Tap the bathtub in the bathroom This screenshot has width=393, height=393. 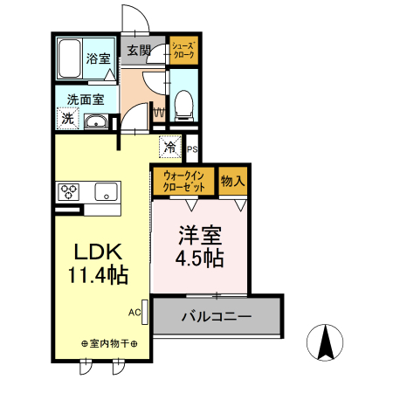(71, 59)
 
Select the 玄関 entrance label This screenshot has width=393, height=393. (139, 51)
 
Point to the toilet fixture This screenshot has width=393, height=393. (183, 105)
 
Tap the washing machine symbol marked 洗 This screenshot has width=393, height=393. (67, 119)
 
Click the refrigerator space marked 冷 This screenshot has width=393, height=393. (170, 147)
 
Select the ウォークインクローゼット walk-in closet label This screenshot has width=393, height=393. (183, 182)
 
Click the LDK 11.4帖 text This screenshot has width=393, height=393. (99, 263)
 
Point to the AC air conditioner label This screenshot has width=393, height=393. (134, 312)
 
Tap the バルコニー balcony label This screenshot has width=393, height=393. (217, 315)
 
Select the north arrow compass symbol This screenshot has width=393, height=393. (327, 341)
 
